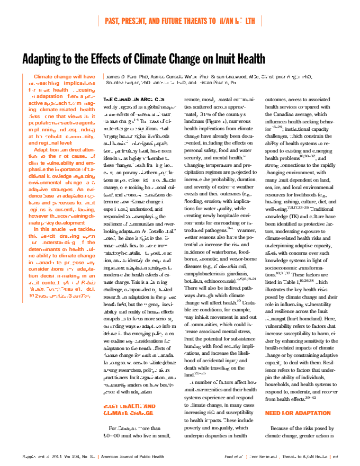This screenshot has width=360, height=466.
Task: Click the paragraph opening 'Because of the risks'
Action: pyautogui.click(x=299, y=428)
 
